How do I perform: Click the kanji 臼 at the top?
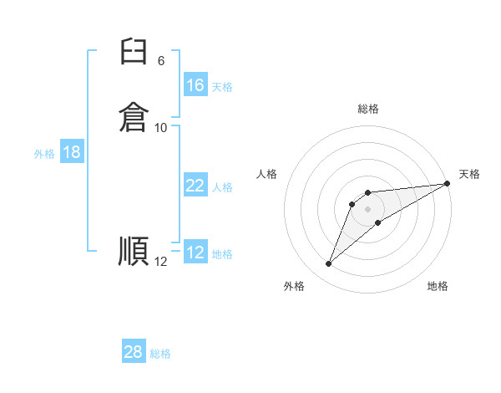point(134,55)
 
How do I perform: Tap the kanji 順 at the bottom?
point(134,251)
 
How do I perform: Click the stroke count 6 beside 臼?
point(161,61)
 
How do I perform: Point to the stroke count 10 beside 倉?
point(161,128)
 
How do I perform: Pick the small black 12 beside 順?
point(161,262)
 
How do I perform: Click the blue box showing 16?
point(195,85)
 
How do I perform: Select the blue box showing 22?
point(195,186)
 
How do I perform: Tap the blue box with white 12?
point(195,253)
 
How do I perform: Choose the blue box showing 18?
point(72,153)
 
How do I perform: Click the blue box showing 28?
point(134,352)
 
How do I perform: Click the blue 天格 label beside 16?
point(222,87)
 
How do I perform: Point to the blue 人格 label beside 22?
point(222,187)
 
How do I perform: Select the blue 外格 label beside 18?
point(44,154)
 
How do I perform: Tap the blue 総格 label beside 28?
point(160,354)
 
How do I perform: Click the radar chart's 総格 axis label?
point(367,109)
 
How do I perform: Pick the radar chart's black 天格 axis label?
point(469,174)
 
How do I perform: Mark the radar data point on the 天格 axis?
point(447,184)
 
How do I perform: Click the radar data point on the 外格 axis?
point(328,264)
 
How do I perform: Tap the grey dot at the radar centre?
point(367,208)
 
